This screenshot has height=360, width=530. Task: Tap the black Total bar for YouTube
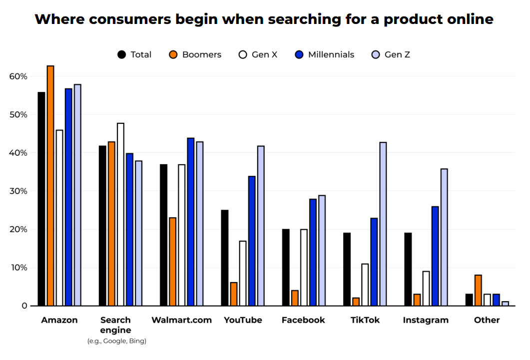(225, 258)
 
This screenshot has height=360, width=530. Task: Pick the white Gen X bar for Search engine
(120, 214)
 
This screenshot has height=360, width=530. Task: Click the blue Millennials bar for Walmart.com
(191, 222)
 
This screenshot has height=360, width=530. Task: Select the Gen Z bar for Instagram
(444, 237)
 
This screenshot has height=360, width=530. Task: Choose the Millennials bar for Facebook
(313, 252)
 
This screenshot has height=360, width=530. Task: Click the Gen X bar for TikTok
(365, 285)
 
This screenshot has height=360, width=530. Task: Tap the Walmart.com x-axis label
(181, 320)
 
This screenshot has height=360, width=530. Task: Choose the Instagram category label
(426, 320)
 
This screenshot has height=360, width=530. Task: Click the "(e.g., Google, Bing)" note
(116, 342)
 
